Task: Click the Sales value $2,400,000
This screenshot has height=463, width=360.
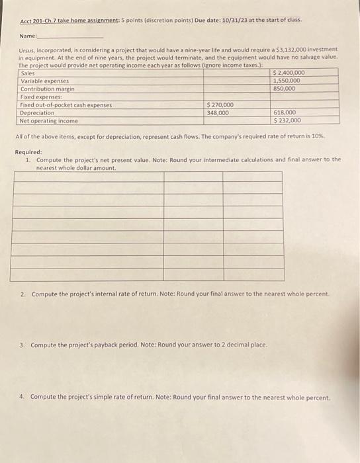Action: click(x=289, y=72)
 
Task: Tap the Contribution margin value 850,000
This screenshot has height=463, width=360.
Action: click(x=284, y=88)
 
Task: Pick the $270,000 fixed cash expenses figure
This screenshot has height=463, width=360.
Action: click(x=220, y=105)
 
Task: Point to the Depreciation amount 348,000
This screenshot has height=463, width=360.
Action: click(x=218, y=112)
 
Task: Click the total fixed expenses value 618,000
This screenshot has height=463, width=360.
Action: click(x=284, y=112)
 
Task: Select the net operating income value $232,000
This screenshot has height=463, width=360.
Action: click(x=287, y=120)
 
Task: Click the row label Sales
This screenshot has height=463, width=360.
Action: click(x=28, y=73)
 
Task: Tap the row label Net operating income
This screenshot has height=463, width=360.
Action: click(x=48, y=121)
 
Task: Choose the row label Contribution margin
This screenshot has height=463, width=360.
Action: click(x=47, y=89)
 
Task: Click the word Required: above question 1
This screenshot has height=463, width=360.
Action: click(x=28, y=152)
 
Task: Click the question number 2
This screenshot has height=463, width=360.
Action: click(x=22, y=293)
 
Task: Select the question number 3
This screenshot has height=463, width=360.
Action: click(x=22, y=345)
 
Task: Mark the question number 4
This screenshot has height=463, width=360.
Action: click(x=22, y=398)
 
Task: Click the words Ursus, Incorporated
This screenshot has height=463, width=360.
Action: click(x=46, y=50)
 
